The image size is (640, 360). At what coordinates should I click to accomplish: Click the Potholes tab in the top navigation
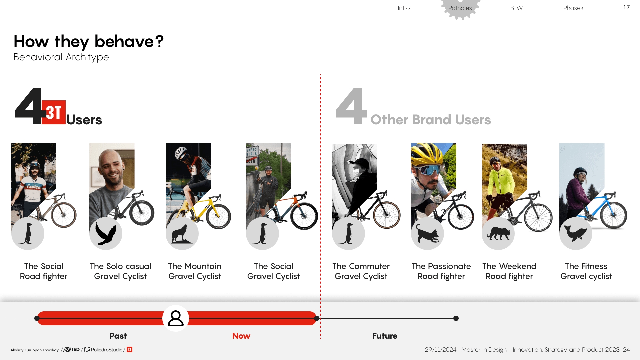[460, 8]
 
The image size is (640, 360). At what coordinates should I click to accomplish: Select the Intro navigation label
[404, 8]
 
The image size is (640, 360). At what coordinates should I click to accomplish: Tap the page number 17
[626, 7]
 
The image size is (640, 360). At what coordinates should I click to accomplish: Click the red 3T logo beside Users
[54, 112]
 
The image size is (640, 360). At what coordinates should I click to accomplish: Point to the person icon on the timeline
[176, 318]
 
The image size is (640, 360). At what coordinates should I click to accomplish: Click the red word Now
[241, 336]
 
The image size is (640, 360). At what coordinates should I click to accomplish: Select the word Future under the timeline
[385, 336]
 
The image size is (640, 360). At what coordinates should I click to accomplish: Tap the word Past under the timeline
[118, 336]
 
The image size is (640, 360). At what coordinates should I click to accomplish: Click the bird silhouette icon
[106, 233]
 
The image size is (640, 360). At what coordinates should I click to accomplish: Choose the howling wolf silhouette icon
[182, 233]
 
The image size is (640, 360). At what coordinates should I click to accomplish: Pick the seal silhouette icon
[576, 233]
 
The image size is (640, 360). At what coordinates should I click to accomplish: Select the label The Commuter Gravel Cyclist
[361, 271]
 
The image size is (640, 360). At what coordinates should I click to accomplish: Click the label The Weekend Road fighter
[509, 271]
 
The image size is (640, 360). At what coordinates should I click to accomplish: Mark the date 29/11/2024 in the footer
[441, 350]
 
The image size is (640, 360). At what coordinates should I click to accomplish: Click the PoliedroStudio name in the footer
[107, 350]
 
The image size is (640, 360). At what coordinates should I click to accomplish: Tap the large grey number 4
[351, 106]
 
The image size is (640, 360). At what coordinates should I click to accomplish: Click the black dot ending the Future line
[456, 318]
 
